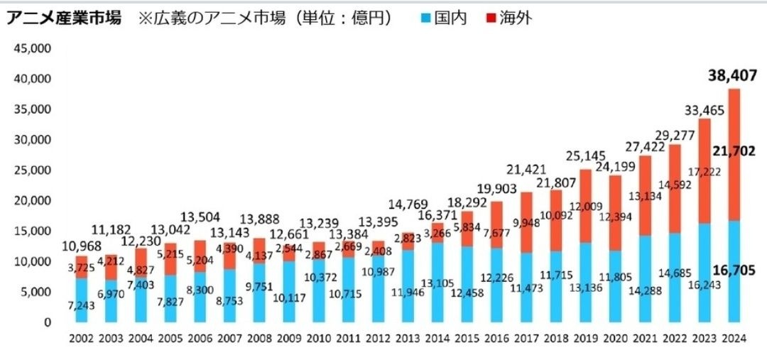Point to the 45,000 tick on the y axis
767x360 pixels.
[x=31, y=49]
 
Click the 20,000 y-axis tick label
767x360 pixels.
[x=31, y=201]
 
